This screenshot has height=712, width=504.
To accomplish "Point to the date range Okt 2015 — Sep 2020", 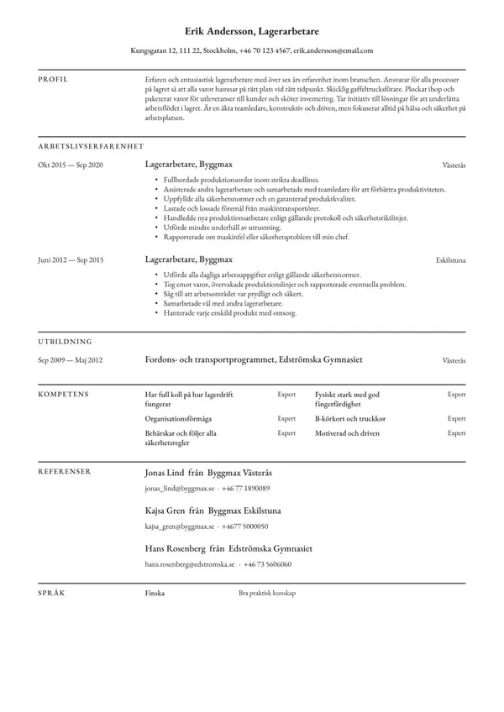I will click(x=70, y=165).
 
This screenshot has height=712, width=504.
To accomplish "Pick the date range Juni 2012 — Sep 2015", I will click(x=70, y=260).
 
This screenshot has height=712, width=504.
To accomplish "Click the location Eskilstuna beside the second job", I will click(x=451, y=261).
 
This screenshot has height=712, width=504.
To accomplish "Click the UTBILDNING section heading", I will click(x=65, y=342).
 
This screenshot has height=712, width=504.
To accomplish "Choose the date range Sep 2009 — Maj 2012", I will click(x=70, y=360).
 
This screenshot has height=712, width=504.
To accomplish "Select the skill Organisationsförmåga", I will click(x=178, y=418).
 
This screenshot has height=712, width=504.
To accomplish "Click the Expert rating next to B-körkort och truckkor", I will click(x=456, y=418).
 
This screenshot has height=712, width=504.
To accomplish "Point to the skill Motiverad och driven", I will click(x=347, y=433).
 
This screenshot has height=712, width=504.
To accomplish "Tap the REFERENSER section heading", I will click(x=66, y=472).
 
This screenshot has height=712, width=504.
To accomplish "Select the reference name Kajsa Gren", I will click(x=165, y=510).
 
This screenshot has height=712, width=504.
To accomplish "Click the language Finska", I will click(x=155, y=593).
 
